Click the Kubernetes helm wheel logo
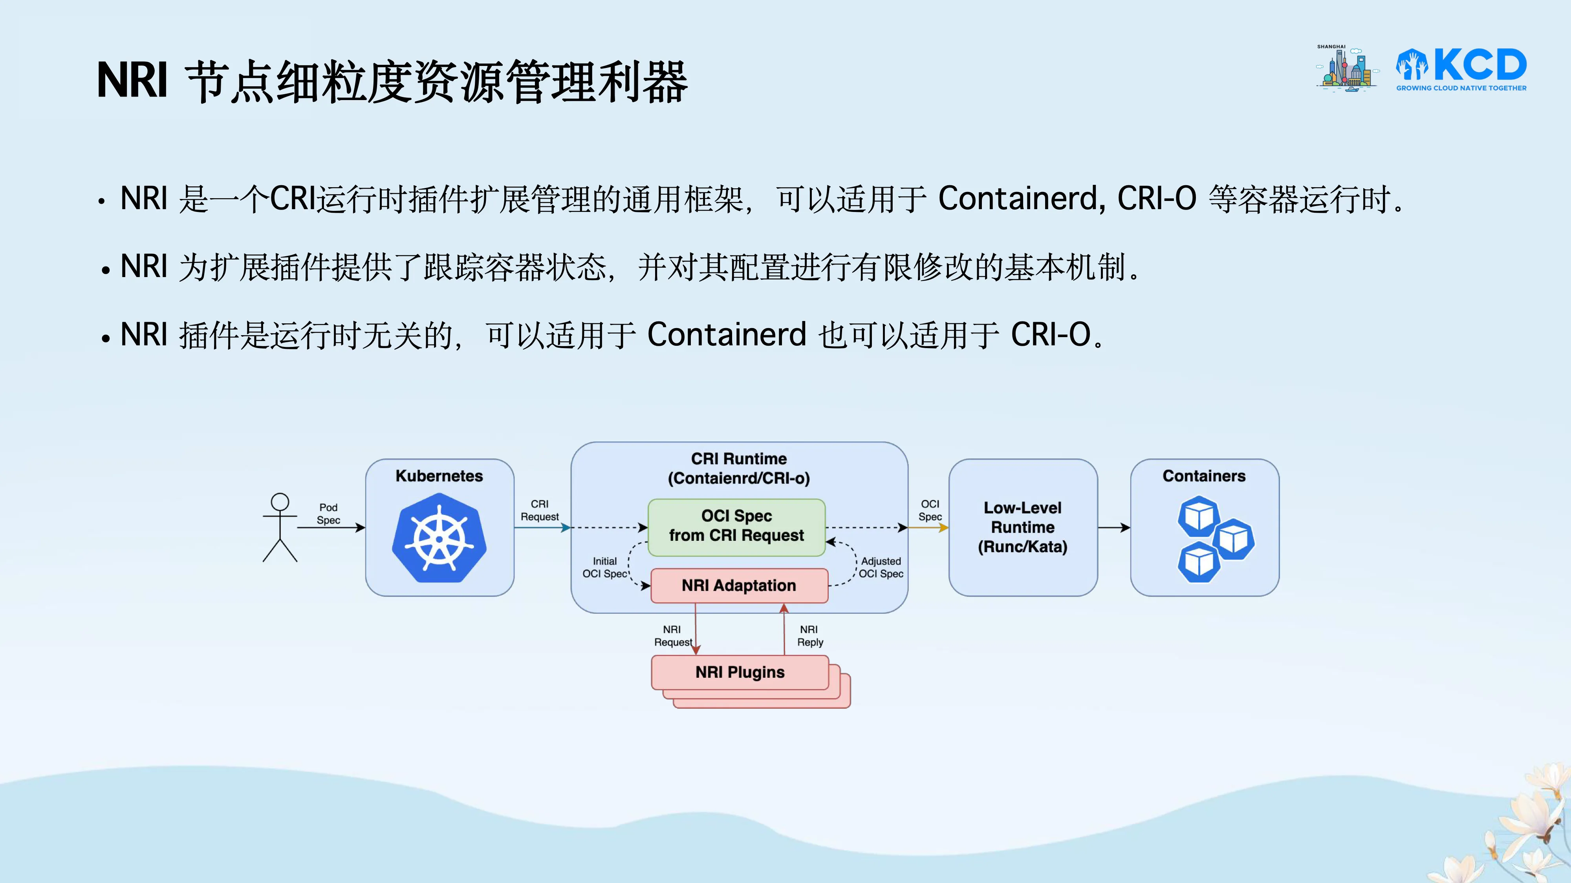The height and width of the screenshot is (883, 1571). click(439, 538)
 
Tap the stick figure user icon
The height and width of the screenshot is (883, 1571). click(280, 527)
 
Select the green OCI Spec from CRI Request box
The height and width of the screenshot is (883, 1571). click(736, 527)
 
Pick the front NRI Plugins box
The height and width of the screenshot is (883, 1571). click(740, 672)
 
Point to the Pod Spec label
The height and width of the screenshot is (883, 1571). click(328, 514)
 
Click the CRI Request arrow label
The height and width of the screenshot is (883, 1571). click(539, 511)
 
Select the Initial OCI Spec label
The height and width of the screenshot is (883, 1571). click(604, 567)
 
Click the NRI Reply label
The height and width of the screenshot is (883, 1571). click(810, 636)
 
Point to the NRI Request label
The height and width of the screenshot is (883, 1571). click(673, 636)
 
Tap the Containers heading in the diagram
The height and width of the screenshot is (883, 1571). click(1204, 476)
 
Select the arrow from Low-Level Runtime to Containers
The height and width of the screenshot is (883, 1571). click(1113, 528)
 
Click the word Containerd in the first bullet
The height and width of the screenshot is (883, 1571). click(1020, 198)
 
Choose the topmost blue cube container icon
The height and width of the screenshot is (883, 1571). click(1198, 516)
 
